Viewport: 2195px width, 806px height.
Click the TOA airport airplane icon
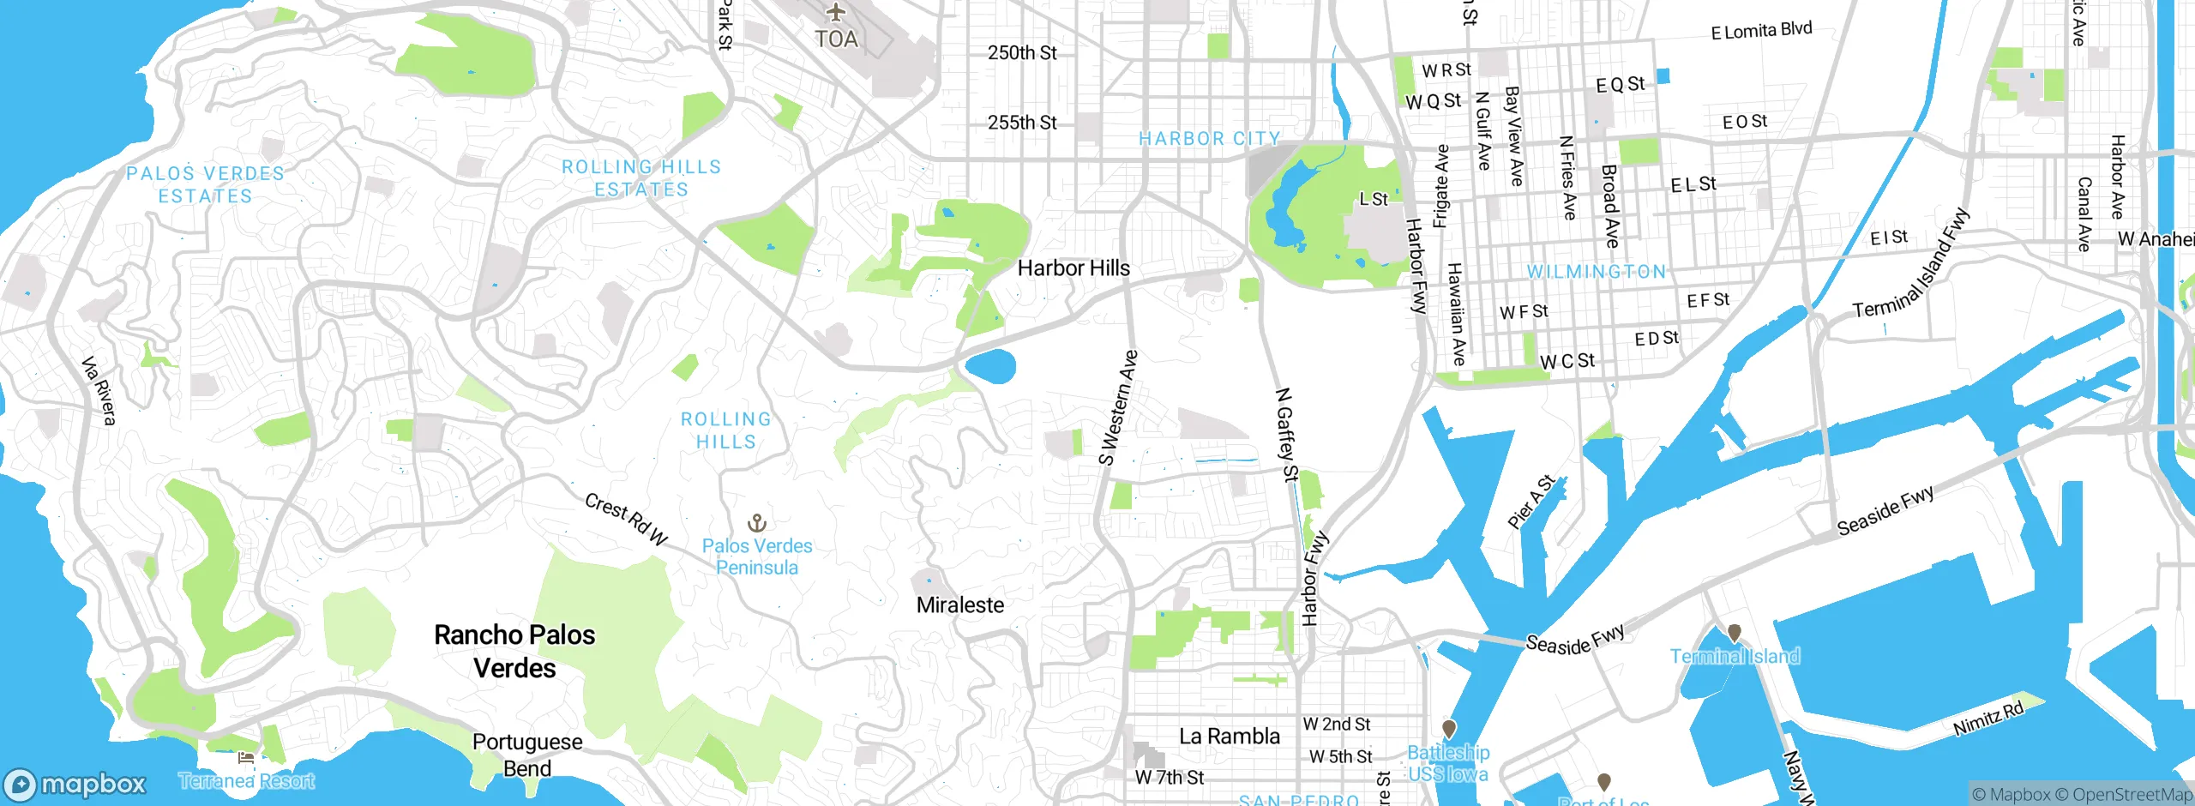pyautogui.click(x=836, y=13)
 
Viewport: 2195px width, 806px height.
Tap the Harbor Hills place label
pyautogui.click(x=1073, y=268)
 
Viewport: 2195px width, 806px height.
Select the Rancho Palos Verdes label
pyautogui.click(x=514, y=652)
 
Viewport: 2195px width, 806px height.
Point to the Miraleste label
pyautogui.click(x=960, y=605)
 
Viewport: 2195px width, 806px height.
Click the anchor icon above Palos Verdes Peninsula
pyautogui.click(x=757, y=522)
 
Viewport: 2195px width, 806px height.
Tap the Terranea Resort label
pyautogui.click(x=247, y=781)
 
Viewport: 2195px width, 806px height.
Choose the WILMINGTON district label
pyautogui.click(x=1597, y=272)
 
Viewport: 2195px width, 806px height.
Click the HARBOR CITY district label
pyautogui.click(x=1209, y=139)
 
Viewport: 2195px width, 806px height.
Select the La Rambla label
pyautogui.click(x=1230, y=737)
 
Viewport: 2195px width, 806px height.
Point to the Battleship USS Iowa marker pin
pyautogui.click(x=1449, y=729)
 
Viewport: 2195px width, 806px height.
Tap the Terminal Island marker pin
pyautogui.click(x=1735, y=633)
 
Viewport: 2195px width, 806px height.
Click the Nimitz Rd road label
pyautogui.click(x=1988, y=719)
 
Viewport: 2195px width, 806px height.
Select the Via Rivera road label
pyautogui.click(x=99, y=391)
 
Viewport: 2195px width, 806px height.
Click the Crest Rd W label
pyautogui.click(x=626, y=519)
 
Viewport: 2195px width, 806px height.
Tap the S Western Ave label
pyautogui.click(x=1119, y=407)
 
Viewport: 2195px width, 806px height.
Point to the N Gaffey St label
pyautogui.click(x=1287, y=434)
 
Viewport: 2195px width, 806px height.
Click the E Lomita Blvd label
pyautogui.click(x=1761, y=31)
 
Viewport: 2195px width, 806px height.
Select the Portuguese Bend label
pyautogui.click(x=527, y=755)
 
